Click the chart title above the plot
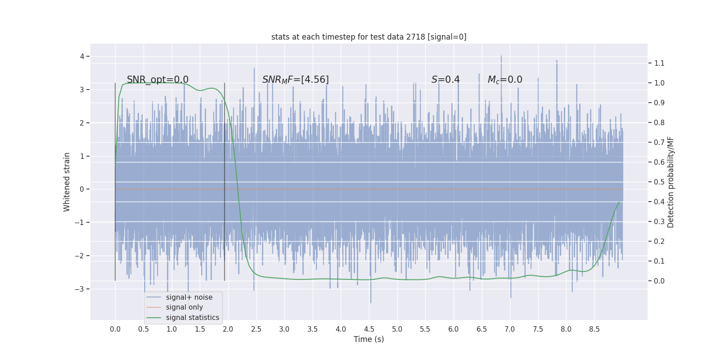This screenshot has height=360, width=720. (369, 37)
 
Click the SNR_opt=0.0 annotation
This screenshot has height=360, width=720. (157, 80)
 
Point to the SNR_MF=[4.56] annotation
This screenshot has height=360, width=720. (295, 80)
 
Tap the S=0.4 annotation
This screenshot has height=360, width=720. (445, 80)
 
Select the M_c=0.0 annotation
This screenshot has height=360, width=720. (505, 80)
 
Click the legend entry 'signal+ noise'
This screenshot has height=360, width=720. (189, 297)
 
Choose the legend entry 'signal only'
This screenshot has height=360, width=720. (184, 307)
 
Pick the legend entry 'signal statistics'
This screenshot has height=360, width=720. (192, 318)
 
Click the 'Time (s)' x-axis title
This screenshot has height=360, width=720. (369, 339)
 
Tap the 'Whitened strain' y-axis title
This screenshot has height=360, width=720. (67, 182)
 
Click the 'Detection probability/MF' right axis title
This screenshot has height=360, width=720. (670, 182)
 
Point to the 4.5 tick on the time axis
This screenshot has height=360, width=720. (369, 329)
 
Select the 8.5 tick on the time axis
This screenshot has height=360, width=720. (594, 329)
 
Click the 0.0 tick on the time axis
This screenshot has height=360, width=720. (115, 329)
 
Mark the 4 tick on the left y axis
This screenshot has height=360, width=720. (82, 56)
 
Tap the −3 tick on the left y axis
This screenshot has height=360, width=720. (79, 289)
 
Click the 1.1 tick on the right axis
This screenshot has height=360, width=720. (659, 63)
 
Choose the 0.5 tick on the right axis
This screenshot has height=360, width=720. (659, 182)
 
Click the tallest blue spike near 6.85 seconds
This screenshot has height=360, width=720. (501, 57)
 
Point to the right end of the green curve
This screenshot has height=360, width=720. (619, 202)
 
